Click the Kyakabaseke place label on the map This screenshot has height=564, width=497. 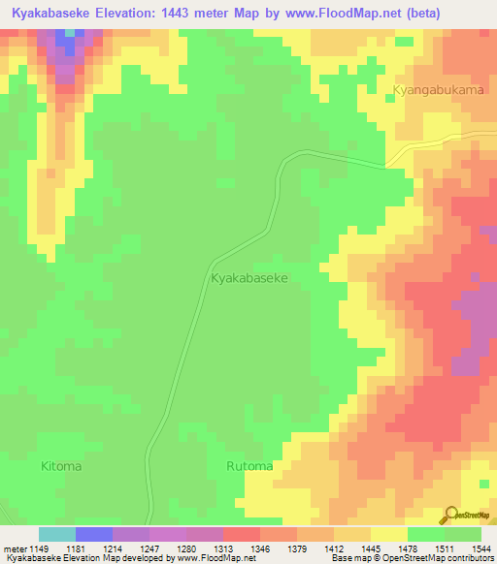pyautogui.click(x=249, y=277)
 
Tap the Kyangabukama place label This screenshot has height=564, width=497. pyautogui.click(x=438, y=90)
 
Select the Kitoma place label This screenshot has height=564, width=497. pyautogui.click(x=61, y=466)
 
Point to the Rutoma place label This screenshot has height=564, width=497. pyautogui.click(x=249, y=466)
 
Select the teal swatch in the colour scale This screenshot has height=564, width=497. pyautogui.click(x=57, y=534)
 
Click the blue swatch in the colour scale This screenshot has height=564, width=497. pyautogui.click(x=94, y=534)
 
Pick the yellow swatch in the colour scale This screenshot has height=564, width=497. pyautogui.click(x=388, y=534)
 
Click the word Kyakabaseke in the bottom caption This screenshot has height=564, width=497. pyautogui.click(x=28, y=559)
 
